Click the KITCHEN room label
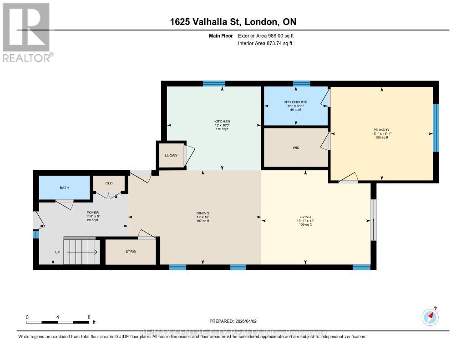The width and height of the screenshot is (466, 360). pos(223,122)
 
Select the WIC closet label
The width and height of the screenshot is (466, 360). pos(296,147)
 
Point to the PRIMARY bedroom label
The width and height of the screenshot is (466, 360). pos(381,130)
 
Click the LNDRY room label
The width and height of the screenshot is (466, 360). pos(171,156)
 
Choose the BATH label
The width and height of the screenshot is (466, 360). pos(65,188)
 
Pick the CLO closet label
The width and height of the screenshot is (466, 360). pos(109,183)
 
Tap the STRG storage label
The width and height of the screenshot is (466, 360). pos(131,251)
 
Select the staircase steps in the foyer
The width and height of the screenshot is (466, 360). pos(81,251)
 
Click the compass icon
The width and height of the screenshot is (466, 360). pos(430,317)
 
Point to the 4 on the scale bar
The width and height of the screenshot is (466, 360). pos(58,317)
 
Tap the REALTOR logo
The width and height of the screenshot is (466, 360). pos(26,32)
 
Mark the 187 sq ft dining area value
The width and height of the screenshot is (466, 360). pos(203,221)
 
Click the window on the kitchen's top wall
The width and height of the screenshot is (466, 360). pos(214,83)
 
